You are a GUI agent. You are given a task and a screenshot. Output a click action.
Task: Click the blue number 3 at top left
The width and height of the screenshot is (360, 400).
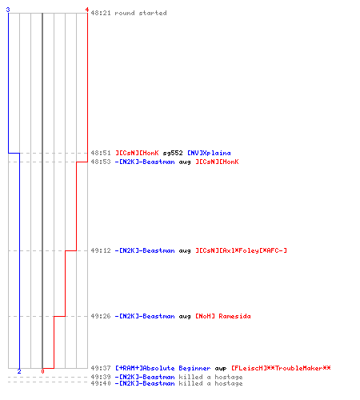pos(8,10)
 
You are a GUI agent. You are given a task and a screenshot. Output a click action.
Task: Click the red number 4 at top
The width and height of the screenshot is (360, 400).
pos(87,10)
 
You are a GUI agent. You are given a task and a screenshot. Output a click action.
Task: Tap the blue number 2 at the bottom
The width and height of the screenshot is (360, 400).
pos(19,371)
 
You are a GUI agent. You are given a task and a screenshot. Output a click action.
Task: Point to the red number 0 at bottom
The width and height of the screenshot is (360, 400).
pos(42,371)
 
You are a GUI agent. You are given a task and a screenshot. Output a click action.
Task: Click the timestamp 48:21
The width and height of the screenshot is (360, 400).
pos(101,13)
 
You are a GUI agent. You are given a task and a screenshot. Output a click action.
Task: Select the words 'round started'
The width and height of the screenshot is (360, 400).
pos(141,13)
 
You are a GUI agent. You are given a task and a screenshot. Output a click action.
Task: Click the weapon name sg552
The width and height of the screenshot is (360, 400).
pos(173,153)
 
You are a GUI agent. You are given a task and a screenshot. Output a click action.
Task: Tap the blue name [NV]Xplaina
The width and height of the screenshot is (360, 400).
pos(209,153)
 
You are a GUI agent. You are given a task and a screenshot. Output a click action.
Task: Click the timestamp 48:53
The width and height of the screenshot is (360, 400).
pos(101,162)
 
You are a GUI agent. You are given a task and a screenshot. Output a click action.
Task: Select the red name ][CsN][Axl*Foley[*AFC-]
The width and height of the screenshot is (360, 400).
pos(241,250)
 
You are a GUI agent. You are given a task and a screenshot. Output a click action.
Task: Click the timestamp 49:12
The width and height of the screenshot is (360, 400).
pos(101,250)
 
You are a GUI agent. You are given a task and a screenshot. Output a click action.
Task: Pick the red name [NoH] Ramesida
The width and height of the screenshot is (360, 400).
pos(223,316)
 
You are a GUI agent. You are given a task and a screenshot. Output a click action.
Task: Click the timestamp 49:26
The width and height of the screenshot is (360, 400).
pos(101,316)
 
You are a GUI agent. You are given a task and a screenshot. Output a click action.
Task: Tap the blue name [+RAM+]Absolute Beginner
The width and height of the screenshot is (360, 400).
pos(162,368)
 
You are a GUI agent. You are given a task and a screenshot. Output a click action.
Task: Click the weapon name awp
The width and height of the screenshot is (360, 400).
pos(221,369)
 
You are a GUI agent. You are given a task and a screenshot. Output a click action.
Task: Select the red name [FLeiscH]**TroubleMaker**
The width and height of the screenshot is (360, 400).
pos(281,368)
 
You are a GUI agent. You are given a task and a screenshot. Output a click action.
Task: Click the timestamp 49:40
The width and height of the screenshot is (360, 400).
pos(101,383)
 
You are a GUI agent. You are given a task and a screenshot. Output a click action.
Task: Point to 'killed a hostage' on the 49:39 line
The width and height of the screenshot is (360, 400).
pos(210,377)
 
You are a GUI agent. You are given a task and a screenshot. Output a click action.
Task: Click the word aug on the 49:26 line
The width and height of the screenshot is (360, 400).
pos(185,317)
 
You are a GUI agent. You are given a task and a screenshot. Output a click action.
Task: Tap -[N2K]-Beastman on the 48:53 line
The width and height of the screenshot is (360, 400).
pos(145,162)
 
